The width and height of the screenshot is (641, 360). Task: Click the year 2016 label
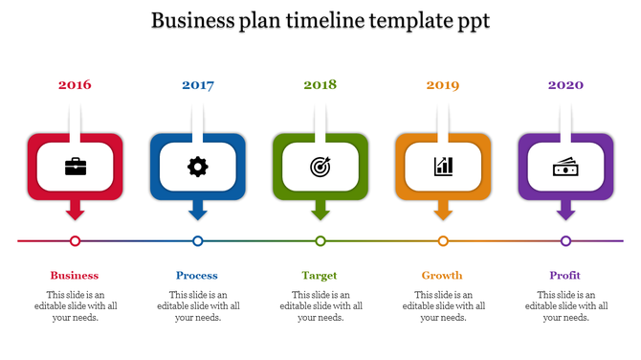(75, 85)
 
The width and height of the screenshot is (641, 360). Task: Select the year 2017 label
(198, 85)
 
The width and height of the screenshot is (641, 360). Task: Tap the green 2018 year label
(320, 85)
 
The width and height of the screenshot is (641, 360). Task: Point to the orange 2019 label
(443, 85)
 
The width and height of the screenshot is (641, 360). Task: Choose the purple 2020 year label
(565, 85)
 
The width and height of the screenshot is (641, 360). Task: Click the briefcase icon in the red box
(75, 167)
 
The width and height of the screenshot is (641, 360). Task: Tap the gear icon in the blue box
(198, 167)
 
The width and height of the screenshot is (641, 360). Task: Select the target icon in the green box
(320, 167)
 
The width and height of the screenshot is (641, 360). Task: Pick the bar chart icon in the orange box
(443, 167)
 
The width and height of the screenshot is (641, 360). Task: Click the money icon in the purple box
(565, 167)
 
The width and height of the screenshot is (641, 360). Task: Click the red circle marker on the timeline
(76, 241)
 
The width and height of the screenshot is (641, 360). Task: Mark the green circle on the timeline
(320, 241)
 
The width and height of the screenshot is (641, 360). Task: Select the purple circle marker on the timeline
(565, 241)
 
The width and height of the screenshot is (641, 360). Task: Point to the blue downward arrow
(198, 211)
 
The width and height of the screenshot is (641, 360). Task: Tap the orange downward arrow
(443, 211)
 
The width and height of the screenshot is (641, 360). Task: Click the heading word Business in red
(75, 276)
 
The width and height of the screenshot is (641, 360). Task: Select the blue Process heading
(197, 276)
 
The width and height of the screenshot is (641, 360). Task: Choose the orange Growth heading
(442, 276)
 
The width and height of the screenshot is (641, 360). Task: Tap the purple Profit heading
(565, 276)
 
